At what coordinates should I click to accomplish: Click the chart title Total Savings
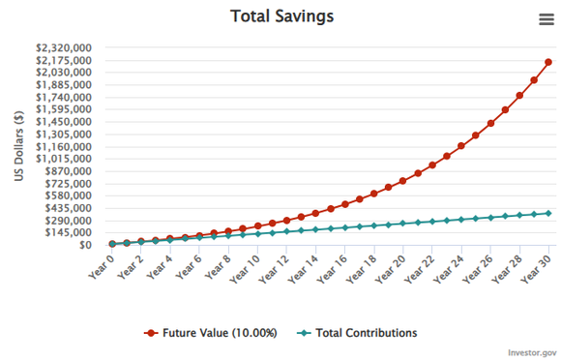pos(280,16)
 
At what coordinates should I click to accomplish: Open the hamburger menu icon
pos(546,19)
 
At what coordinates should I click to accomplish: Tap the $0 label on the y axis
pos(85,245)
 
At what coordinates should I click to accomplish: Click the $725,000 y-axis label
pos(69,183)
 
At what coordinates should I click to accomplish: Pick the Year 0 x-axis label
pos(100,264)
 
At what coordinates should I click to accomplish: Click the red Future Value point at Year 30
pos(549,62)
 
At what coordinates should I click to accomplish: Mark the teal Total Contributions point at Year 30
pos(549,213)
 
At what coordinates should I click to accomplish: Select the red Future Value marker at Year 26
pos(490,123)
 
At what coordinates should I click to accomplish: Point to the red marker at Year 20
pos(403,181)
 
